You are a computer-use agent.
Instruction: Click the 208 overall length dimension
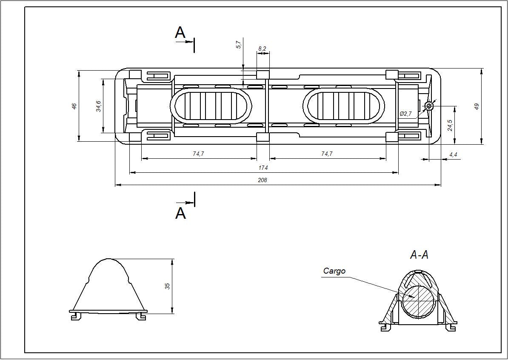tap(263, 180)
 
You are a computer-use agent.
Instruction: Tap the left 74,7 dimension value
tap(198, 154)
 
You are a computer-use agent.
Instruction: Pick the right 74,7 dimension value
tap(327, 154)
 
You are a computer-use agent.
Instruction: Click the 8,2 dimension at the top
tap(262, 49)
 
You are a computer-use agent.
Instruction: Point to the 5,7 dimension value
tap(239, 44)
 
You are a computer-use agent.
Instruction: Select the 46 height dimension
tap(74, 106)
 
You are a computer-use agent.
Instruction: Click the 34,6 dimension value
tap(98, 106)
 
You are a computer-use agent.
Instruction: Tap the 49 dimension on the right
tap(477, 106)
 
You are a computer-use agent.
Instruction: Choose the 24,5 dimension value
tap(450, 125)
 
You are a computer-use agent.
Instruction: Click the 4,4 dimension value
tap(453, 155)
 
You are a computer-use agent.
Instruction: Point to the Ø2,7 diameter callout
tap(406, 114)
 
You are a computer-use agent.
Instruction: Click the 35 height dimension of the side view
tap(167, 286)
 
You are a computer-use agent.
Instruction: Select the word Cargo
tap(334, 271)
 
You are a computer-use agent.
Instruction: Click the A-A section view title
tap(419, 255)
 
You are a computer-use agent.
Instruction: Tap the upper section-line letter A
tap(180, 33)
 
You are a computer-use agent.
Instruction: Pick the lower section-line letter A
tap(180, 213)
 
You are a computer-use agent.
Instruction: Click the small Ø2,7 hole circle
tap(429, 105)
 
